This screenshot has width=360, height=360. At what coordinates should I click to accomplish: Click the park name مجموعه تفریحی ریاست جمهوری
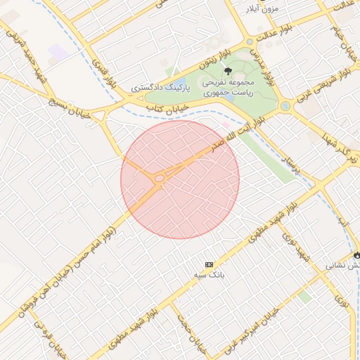coord(228,87)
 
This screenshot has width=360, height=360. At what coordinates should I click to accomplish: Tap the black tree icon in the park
coord(227,70)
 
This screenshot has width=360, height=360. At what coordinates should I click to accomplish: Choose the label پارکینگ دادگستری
coord(157,89)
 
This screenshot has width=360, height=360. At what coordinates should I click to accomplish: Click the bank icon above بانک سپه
coord(208,264)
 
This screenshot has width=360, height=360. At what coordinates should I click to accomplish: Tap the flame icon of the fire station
coord(356,254)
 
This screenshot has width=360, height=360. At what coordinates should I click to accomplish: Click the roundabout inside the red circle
coord(160,179)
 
